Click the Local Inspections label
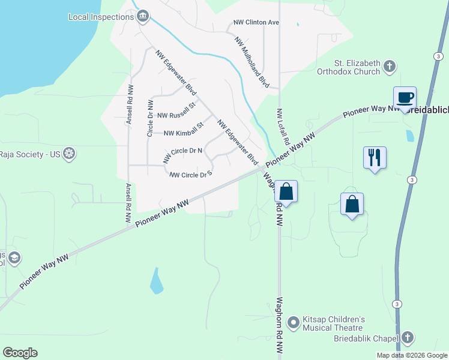(x=101, y=17)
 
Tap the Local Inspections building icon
(x=143, y=16)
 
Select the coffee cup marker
(x=405, y=97)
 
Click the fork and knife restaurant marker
(x=375, y=158)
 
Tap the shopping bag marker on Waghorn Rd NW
(x=286, y=192)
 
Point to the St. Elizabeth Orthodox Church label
(x=358, y=67)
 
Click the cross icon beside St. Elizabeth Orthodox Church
(x=390, y=66)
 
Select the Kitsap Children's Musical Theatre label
(x=333, y=323)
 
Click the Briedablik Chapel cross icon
(x=408, y=338)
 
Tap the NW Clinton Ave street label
(x=256, y=23)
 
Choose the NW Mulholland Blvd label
(x=252, y=62)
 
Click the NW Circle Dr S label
(x=191, y=175)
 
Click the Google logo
(x=20, y=353)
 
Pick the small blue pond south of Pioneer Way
(x=156, y=281)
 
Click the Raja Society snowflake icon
(x=70, y=154)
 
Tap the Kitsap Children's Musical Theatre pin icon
(x=294, y=323)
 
